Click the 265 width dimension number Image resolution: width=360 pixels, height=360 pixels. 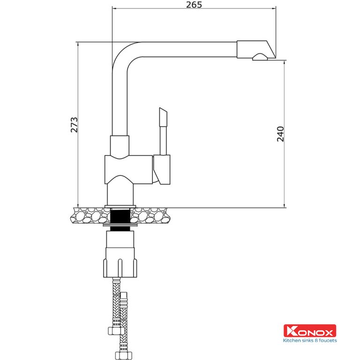point(194,5)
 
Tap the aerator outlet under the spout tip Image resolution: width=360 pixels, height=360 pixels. point(261,58)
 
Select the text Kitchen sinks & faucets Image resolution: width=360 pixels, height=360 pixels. point(309,341)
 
